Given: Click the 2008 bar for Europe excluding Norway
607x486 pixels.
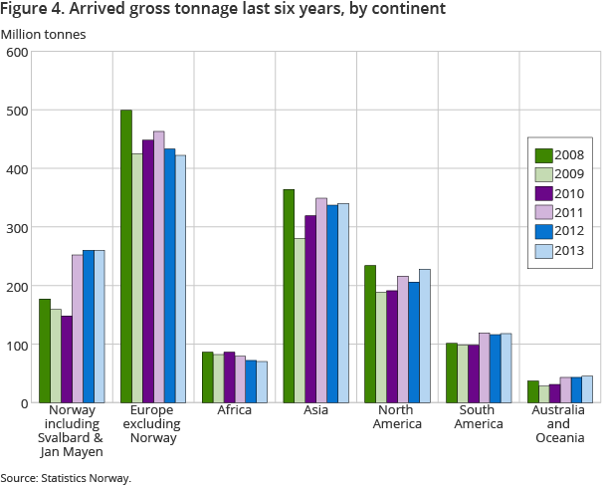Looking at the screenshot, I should [126, 257].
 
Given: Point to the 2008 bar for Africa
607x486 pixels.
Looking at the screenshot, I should [208, 377].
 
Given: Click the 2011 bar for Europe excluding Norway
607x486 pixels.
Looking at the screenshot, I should [159, 267].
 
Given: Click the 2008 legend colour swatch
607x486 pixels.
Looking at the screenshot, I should [544, 154].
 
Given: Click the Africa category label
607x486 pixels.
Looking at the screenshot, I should [235, 409].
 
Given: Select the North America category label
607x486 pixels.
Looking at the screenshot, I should [397, 416].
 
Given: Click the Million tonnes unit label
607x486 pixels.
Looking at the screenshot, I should [43, 34].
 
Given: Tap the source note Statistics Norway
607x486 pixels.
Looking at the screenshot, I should [66, 478].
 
